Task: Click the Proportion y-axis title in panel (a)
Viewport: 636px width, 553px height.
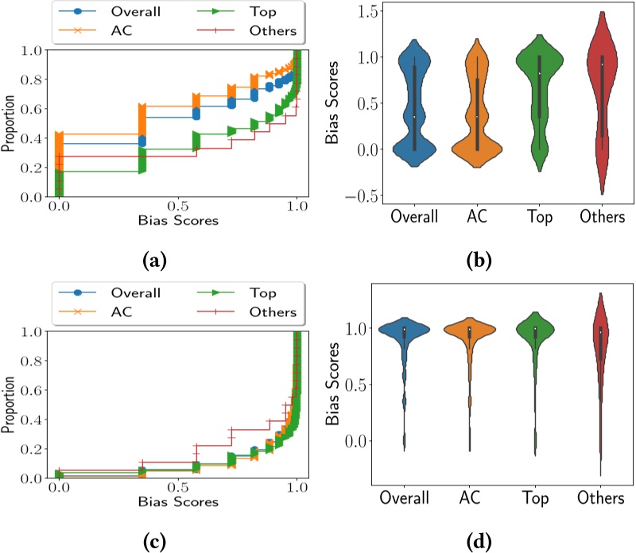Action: point(9,123)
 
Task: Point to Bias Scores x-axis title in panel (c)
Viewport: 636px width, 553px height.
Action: point(177,502)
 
